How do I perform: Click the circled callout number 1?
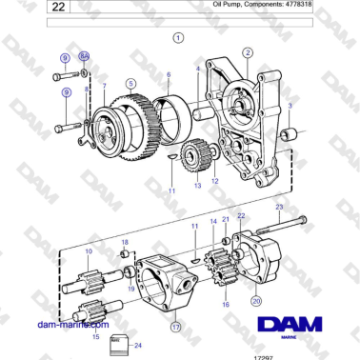coord(178,38)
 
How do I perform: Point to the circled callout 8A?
coord(84,57)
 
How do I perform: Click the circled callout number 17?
coord(176,326)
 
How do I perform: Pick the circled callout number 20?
coord(256,300)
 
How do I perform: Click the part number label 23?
coord(278,206)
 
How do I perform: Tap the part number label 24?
coord(138,345)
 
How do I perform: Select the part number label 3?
coord(290,105)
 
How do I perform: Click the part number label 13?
coord(197,186)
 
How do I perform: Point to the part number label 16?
coord(226,305)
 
